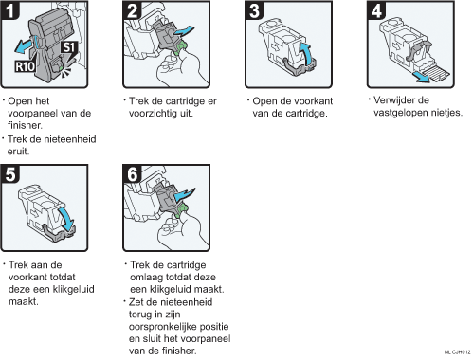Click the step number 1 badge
(x=10, y=10)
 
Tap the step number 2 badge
(x=132, y=10)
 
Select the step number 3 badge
(x=254, y=10)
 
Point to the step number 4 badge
(x=376, y=10)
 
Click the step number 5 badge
(x=10, y=174)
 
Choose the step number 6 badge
(x=132, y=174)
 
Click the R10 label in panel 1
(x=25, y=66)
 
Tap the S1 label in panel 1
(x=68, y=47)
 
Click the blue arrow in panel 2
(x=183, y=31)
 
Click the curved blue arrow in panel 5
(x=66, y=219)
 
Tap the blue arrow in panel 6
(x=184, y=194)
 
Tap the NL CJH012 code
(x=457, y=352)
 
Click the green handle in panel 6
(x=181, y=210)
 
